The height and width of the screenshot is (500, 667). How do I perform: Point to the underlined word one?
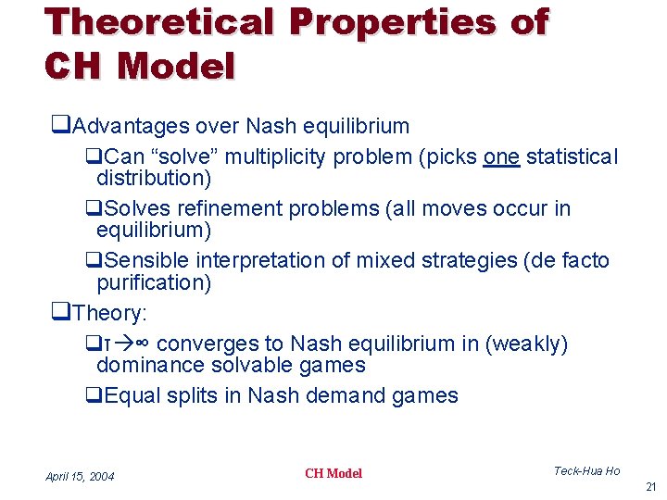(501, 157)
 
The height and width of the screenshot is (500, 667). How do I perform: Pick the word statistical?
(572, 157)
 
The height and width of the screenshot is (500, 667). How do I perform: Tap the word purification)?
(154, 282)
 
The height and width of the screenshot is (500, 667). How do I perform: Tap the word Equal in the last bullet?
(133, 396)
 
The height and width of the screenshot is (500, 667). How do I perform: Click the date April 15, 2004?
(80, 476)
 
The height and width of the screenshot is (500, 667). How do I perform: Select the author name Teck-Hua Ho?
(586, 471)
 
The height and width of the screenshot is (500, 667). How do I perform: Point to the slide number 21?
(649, 487)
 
